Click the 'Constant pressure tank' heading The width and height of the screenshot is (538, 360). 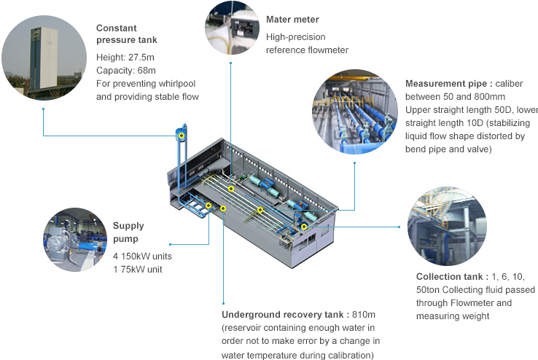(x=126, y=34)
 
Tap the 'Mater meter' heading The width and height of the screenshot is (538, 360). (x=292, y=20)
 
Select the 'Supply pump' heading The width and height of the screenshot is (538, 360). (x=128, y=232)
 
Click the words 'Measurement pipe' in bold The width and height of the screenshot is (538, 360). (x=444, y=84)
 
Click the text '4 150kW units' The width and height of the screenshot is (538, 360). (x=142, y=257)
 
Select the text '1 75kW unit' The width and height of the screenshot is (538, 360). (x=137, y=270)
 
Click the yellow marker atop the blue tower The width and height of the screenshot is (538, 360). (x=182, y=136)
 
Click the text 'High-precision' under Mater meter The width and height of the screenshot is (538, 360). (x=295, y=36)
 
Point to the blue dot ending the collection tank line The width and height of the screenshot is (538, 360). (x=399, y=227)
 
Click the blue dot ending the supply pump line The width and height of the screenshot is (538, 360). (x=170, y=244)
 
